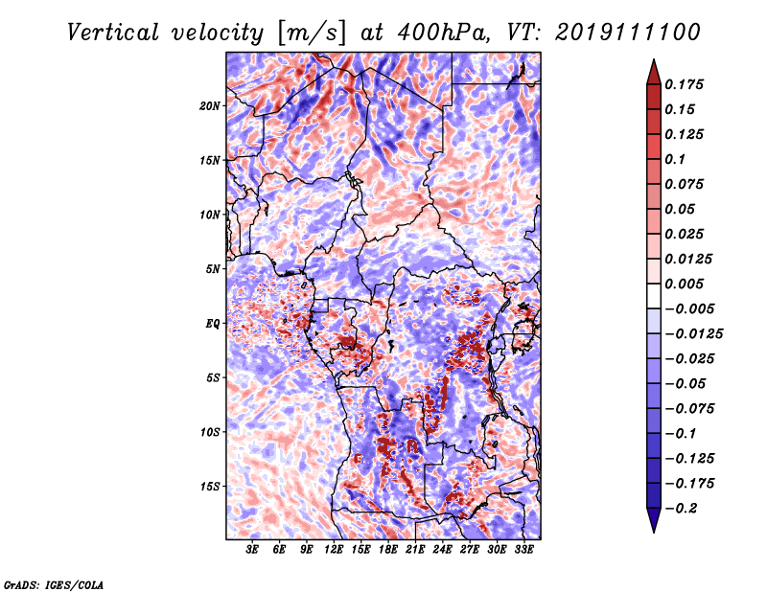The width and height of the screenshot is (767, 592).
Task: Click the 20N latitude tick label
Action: (x=209, y=106)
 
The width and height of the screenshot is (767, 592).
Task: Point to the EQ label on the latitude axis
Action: (x=212, y=324)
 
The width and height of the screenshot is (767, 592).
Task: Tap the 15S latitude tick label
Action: (x=210, y=487)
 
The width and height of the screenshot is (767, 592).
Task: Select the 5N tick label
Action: (x=213, y=269)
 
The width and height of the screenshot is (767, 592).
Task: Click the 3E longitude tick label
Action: (x=252, y=549)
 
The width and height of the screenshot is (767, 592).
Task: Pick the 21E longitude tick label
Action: (x=415, y=549)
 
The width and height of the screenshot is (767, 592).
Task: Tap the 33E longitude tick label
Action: (x=523, y=549)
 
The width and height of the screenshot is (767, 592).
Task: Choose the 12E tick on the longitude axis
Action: (x=333, y=549)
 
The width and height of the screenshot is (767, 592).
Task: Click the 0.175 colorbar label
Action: (x=684, y=84)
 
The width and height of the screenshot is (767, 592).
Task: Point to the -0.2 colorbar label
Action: (x=681, y=509)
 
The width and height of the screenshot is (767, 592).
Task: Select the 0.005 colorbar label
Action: (x=684, y=284)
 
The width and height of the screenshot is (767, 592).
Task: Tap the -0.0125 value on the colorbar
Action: (x=693, y=334)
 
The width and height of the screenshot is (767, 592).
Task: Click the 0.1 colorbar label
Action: (x=675, y=159)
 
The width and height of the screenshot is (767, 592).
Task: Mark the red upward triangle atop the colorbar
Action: (x=654, y=72)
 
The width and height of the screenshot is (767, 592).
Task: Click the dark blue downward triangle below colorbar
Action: (x=654, y=520)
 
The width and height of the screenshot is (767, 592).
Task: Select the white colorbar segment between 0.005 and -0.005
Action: (x=654, y=296)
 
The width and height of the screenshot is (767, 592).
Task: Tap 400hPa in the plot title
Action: (x=443, y=33)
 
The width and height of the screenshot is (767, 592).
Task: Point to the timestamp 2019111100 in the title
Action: (x=627, y=33)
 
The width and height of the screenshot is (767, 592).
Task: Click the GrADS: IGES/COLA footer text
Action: (x=54, y=584)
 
